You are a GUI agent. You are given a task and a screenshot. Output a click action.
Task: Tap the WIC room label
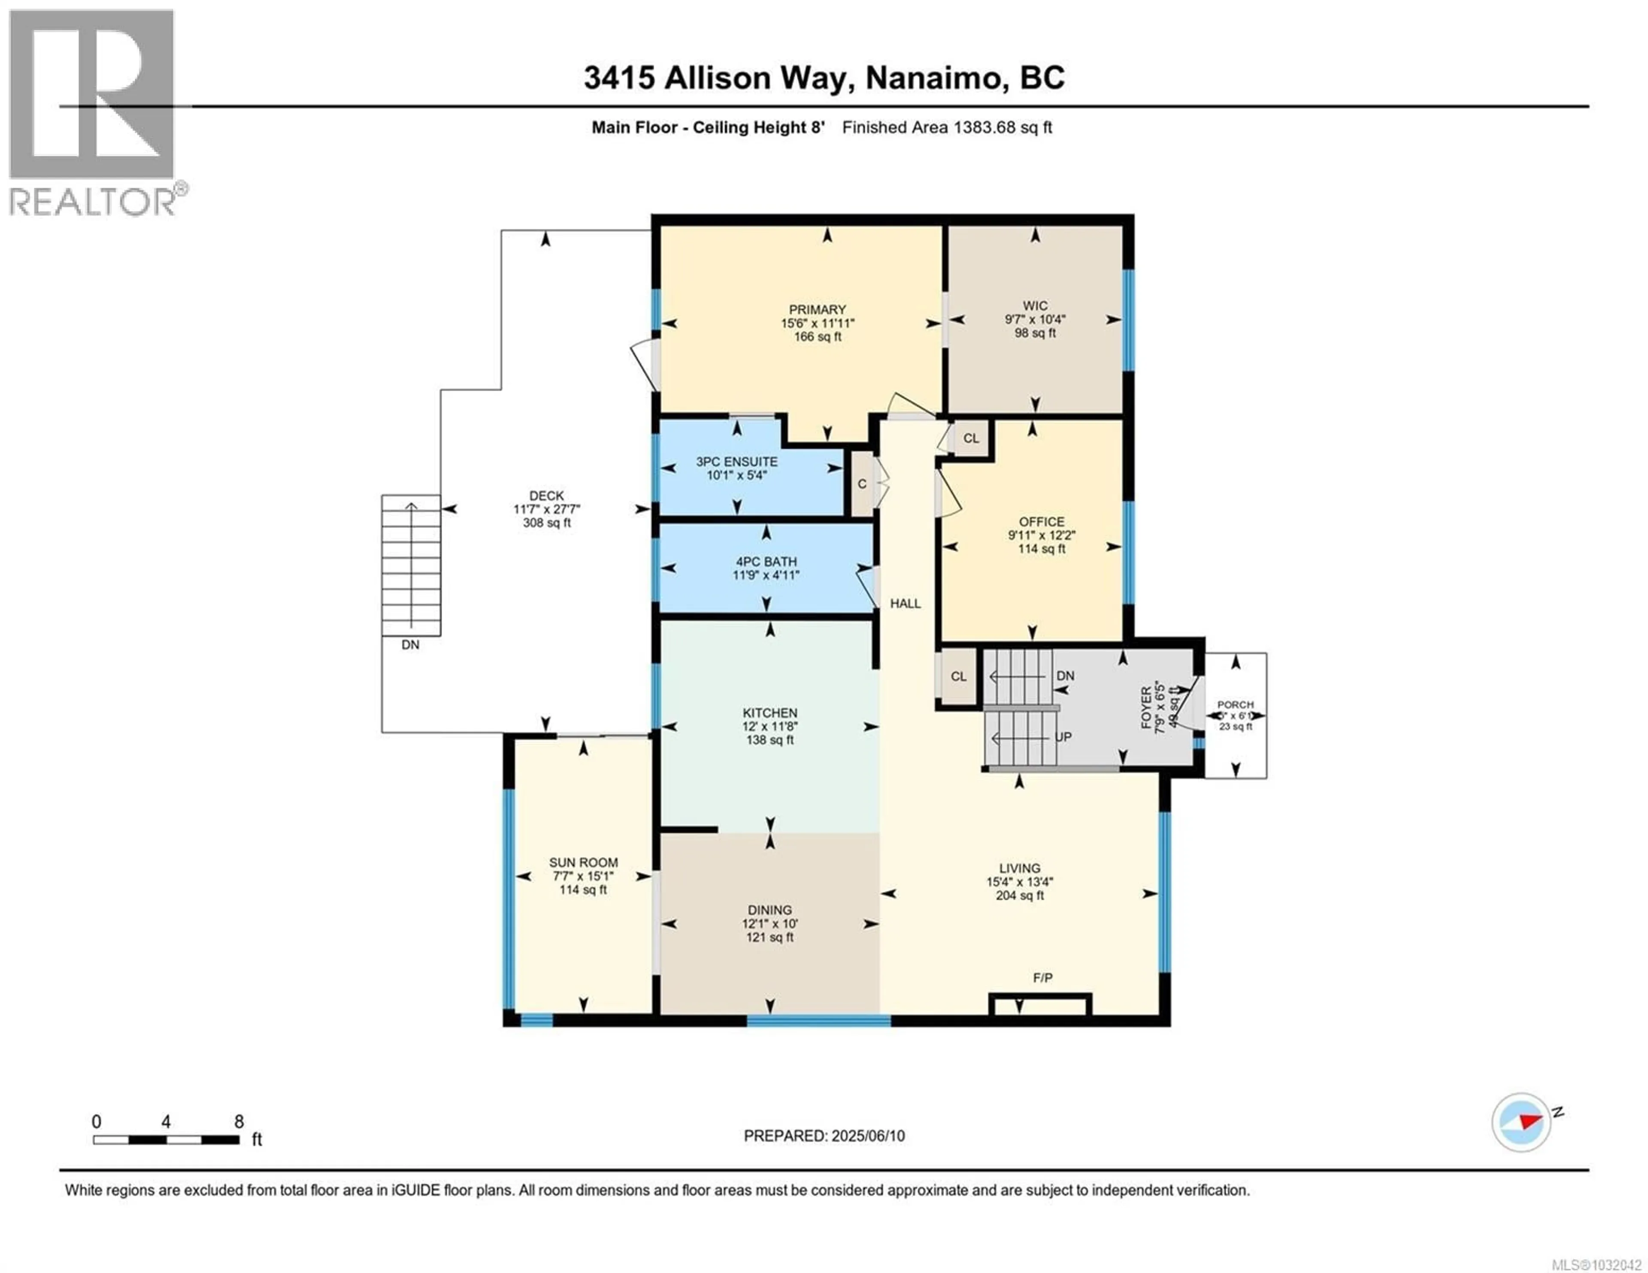[x=1035, y=305]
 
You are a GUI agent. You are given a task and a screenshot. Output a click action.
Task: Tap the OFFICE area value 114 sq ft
[x=1041, y=549]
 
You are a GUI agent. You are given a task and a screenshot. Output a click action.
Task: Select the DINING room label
[x=769, y=910]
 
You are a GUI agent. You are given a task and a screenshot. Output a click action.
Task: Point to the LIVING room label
[x=1019, y=868]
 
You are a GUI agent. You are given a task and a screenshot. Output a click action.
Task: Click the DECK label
[x=546, y=496]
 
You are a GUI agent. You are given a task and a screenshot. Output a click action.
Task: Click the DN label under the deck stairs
[x=410, y=645]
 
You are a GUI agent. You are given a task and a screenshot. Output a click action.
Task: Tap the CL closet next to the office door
[x=970, y=438]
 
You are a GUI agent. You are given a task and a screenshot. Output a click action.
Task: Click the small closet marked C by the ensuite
[x=862, y=484]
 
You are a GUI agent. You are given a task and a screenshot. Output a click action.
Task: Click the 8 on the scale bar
[x=239, y=1122]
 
